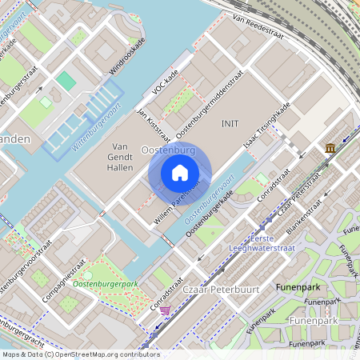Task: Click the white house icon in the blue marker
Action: pyautogui.click(x=180, y=173)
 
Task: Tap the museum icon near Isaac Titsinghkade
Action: pyautogui.click(x=330, y=148)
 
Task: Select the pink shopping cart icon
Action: pyautogui.click(x=165, y=310)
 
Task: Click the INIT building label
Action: pyautogui.click(x=230, y=124)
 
